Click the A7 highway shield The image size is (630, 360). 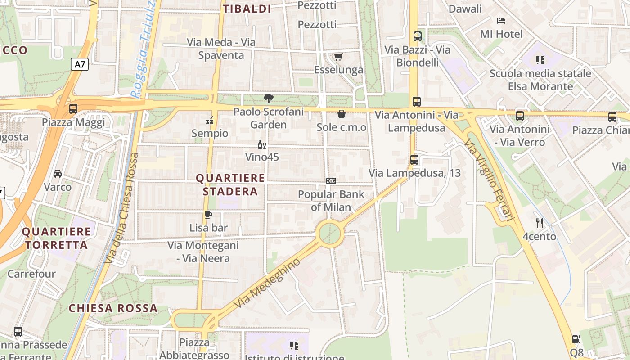[80, 64]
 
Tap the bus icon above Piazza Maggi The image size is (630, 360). [73, 108]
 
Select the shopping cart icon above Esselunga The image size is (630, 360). [338, 57]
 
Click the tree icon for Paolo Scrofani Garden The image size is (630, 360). [268, 98]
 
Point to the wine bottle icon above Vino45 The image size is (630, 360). [261, 144]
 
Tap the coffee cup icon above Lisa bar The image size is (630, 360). [208, 215]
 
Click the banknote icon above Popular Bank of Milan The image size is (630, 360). [331, 181]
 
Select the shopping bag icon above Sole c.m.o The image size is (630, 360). [342, 114]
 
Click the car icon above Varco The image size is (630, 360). [58, 174]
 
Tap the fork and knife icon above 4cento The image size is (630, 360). [540, 223]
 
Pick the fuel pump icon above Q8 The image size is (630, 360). [576, 339]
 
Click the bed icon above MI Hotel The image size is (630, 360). [501, 21]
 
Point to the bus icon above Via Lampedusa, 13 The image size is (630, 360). [414, 159]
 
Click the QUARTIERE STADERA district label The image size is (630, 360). [230, 184]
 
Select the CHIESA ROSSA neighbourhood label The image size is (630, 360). [113, 308]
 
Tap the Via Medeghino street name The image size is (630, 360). [267, 283]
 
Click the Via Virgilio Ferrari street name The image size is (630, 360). [489, 180]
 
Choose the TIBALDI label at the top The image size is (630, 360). [247, 9]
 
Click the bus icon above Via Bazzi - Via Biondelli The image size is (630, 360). [418, 36]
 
